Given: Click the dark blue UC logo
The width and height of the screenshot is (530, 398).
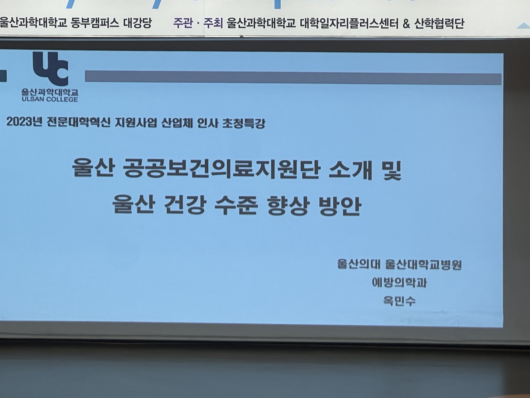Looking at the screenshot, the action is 51,69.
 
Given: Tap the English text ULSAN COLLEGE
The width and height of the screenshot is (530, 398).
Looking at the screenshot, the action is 50,99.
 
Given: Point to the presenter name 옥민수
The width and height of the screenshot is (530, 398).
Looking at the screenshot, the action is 399,301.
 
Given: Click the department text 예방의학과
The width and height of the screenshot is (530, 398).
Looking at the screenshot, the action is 399,282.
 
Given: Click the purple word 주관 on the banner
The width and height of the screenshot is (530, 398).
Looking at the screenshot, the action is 183,23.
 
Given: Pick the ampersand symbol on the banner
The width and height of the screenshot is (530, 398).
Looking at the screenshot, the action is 406,24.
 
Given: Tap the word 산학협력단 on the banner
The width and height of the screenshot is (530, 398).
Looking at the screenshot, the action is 439,24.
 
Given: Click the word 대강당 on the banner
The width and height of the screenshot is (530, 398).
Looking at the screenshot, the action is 137,23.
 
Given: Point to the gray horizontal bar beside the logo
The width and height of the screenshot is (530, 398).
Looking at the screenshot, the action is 293,77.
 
